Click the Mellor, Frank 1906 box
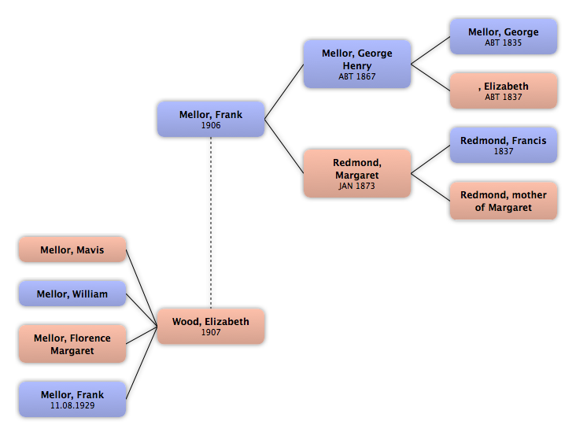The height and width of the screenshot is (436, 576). pos(211,120)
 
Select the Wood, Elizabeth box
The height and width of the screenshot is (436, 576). pos(211,326)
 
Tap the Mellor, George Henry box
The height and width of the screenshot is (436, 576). pos(356,64)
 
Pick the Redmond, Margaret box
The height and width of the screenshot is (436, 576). pos(356,173)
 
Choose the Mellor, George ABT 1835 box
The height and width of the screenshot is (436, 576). pos(503,37)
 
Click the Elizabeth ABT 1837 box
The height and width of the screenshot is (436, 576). pos(503,91)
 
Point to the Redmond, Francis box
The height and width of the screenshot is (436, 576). pos(503,146)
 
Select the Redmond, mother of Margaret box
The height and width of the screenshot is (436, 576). pos(503,201)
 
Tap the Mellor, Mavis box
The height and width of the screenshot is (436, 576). pos(72,251)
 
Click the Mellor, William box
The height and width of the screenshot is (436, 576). pos(72,295)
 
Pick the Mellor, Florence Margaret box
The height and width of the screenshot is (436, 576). pos(72,344)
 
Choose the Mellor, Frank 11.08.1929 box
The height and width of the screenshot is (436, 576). pos(72,399)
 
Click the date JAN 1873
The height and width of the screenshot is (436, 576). pos(356,187)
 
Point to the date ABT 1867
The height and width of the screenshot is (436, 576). pos(356,77)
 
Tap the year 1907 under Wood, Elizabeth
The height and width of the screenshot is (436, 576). pos(211,332)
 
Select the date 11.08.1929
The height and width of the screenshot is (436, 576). pos(72,405)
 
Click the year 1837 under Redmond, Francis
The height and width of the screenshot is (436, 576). pos(503,151)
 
